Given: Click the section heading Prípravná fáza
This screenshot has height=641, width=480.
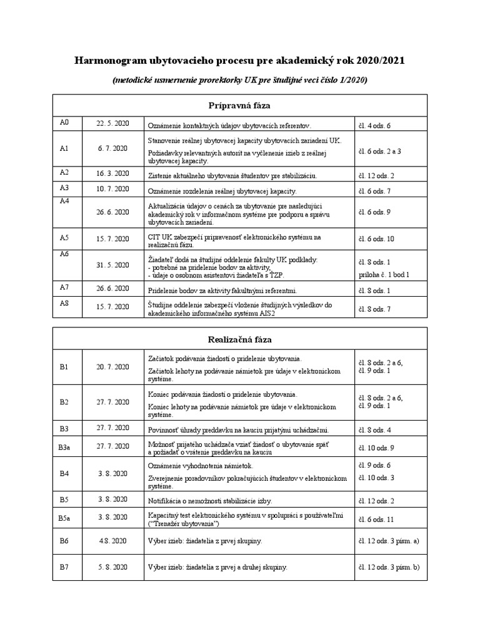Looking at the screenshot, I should coord(239,105).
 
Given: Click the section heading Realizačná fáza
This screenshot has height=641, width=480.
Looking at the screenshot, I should coord(239,339).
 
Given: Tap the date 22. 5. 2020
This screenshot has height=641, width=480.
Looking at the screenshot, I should coord(112,123).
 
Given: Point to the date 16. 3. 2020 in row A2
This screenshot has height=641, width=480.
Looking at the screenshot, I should coord(112,173).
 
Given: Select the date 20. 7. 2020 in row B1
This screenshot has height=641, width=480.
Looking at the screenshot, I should coord(112,367).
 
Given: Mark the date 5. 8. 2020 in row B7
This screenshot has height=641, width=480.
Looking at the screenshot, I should coord(112,567).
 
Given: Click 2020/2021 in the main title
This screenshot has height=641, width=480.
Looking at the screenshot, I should coord(381,61).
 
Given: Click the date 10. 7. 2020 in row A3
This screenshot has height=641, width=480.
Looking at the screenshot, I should coord(112,188).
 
